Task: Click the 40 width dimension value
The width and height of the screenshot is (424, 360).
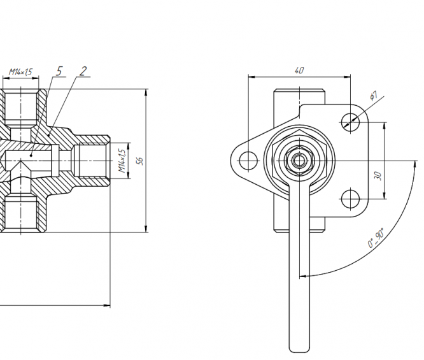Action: [299, 71]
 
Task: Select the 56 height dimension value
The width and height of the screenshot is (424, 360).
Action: [141, 161]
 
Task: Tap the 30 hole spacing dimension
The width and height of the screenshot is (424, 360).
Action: [378, 175]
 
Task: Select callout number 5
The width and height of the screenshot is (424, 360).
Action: [59, 71]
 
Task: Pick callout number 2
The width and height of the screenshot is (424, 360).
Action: [83, 71]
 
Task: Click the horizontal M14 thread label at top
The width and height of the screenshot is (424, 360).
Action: [20, 72]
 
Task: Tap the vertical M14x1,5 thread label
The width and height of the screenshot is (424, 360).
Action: [122, 161]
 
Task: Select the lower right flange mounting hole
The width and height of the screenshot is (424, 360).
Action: [349, 199]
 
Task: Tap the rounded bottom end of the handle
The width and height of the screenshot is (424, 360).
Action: [299, 348]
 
